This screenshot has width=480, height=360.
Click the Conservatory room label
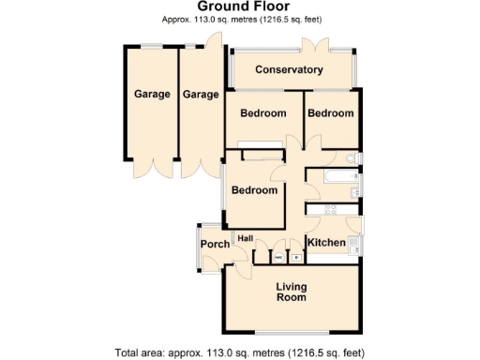tap(289, 70)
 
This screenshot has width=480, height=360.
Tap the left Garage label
tap(152, 95)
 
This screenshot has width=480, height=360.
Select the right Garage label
tap(200, 95)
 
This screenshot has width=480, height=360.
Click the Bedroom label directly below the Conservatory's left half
tap(262, 113)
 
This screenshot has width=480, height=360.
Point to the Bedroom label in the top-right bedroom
tap(331, 113)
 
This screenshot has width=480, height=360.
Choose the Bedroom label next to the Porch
tap(254, 190)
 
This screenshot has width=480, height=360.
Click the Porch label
tap(214, 245)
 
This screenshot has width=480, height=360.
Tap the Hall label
tap(246, 238)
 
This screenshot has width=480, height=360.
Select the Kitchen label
tap(326, 244)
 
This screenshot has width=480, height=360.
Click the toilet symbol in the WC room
tap(352, 157)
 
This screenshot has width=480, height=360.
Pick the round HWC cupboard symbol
tap(278, 255)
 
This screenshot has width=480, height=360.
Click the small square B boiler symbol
tap(297, 255)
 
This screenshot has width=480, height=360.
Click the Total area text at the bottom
tap(239, 353)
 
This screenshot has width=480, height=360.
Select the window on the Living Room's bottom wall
tap(291, 334)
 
